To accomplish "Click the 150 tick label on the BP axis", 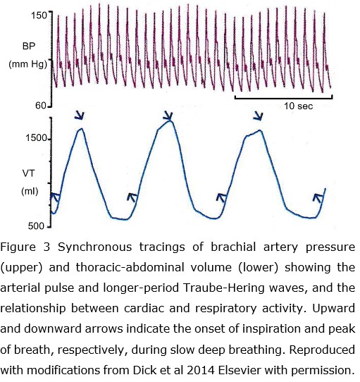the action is (x=39, y=16).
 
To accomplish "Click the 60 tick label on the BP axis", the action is (x=41, y=106).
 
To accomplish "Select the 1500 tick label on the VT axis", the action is (x=36, y=138).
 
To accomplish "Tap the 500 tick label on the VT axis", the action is (x=36, y=226).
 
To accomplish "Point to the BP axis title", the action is (x=29, y=46).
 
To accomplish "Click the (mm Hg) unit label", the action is (x=27, y=64).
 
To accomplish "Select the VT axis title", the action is (x=28, y=173).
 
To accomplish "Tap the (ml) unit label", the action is (x=30, y=191).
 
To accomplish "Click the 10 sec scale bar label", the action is (x=299, y=106).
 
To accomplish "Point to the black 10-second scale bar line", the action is (x=283, y=97).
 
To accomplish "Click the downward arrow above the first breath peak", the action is (x=80, y=115).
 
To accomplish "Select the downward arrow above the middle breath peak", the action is (x=168, y=116).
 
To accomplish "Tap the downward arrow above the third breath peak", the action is (x=258, y=116).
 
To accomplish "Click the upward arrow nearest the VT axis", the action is (x=56, y=197).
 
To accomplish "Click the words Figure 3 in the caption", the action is (x=25, y=247).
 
